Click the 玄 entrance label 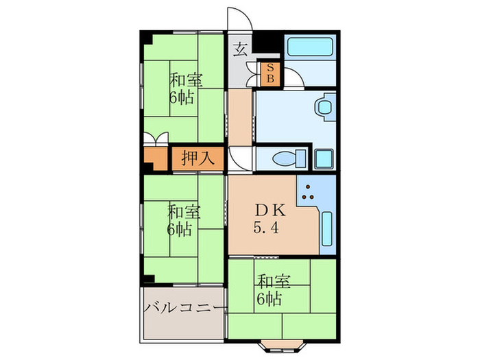point(241,49)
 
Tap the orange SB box point(269,73)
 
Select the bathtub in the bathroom point(310,47)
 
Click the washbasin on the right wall point(323,108)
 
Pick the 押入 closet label point(199,158)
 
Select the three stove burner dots point(310,194)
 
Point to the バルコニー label point(184,308)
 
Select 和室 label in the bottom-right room point(273,281)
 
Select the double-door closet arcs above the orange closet point(156,139)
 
